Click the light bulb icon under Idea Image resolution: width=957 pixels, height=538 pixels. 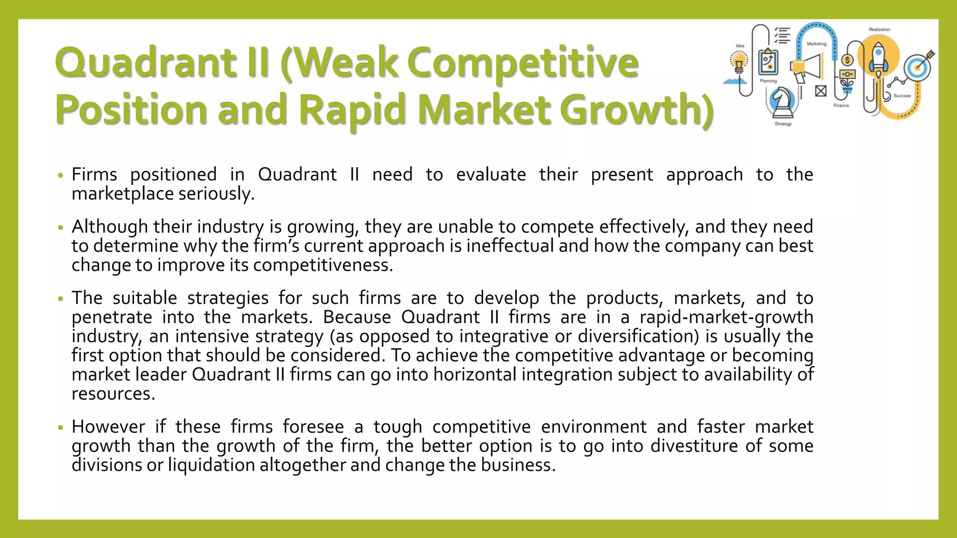[x=739, y=63]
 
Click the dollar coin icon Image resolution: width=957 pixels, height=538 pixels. [x=847, y=60]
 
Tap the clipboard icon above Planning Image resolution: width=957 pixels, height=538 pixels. [x=768, y=62]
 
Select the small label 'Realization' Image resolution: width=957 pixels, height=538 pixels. [x=879, y=29]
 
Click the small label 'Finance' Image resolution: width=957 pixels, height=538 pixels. [x=841, y=106]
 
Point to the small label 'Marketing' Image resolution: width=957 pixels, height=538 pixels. [x=816, y=44]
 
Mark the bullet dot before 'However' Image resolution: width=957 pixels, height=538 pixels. [x=60, y=427]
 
